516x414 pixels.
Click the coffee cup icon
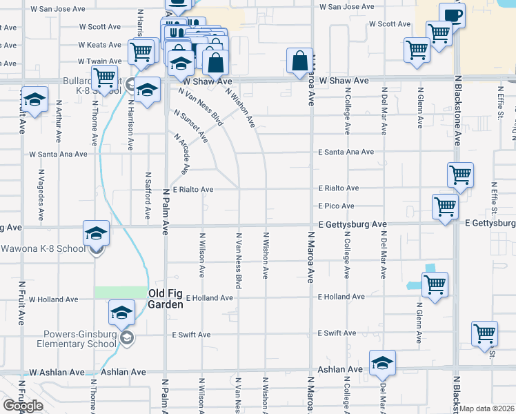tap(452, 16)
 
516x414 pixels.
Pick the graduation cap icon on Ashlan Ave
tap(382, 363)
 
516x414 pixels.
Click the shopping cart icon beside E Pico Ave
tap(446, 206)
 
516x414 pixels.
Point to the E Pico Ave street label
tap(336, 206)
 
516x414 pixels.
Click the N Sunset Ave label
tap(191, 125)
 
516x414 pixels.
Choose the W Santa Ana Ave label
tap(57, 154)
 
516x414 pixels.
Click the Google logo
tap(23, 406)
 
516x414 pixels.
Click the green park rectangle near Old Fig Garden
tap(121, 293)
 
